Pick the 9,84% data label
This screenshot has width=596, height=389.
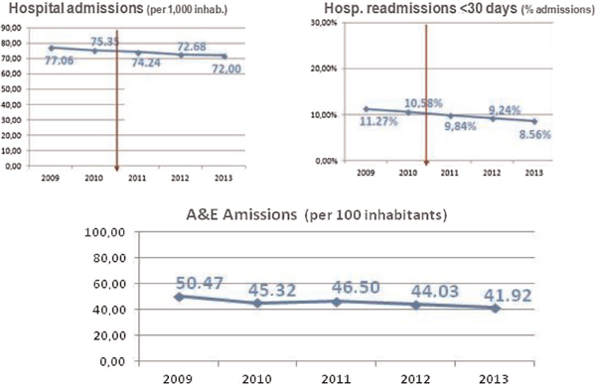(x=462, y=127)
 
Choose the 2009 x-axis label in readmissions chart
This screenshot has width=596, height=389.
(x=367, y=172)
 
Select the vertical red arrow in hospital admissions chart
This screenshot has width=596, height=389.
(x=117, y=99)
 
